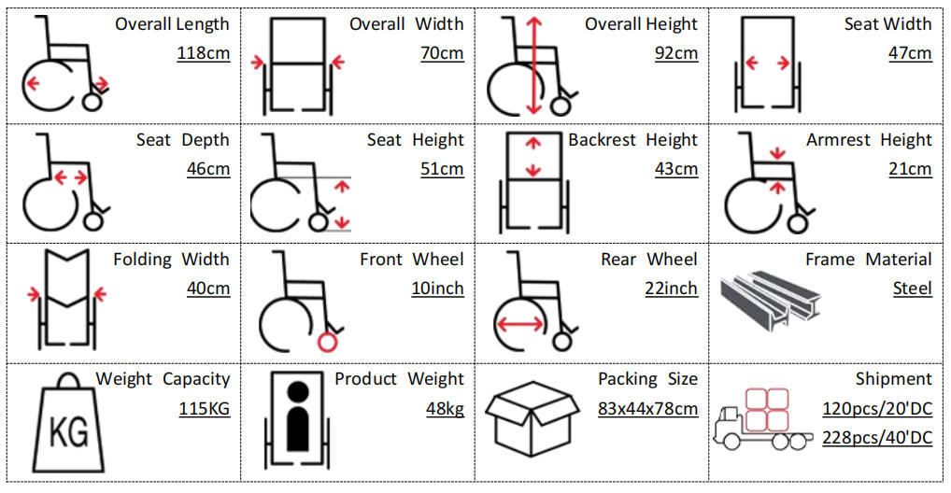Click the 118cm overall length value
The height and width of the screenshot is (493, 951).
click(204, 53)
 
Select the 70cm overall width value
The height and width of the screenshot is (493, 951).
click(442, 53)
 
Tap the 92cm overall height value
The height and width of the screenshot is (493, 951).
click(676, 53)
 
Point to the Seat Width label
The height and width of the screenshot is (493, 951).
click(887, 24)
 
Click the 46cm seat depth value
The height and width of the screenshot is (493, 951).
click(207, 169)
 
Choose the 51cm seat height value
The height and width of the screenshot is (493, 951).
click(442, 169)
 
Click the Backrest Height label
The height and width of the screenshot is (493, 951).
click(632, 140)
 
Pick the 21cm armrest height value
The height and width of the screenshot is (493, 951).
click(910, 169)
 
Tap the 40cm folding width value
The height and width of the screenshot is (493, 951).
click(207, 289)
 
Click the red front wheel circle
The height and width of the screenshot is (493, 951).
click(327, 342)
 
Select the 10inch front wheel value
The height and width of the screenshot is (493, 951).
click(437, 289)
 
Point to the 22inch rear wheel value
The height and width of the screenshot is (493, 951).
click(671, 289)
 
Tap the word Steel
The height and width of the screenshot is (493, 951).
click(912, 289)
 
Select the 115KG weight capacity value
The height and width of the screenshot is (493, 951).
click(204, 408)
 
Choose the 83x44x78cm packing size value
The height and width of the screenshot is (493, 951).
click(647, 408)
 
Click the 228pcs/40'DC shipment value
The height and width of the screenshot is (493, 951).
click(877, 438)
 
